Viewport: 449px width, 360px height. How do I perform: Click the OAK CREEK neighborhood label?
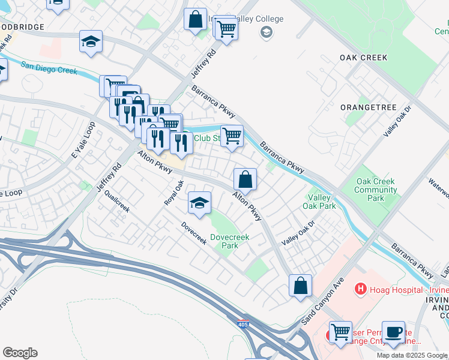pos(363,58)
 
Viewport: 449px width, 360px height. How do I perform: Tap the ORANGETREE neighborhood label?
pos(369,107)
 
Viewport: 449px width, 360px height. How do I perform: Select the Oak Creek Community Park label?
pos(376,190)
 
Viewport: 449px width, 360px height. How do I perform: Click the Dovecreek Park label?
pos(230,241)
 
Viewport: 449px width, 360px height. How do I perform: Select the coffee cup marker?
pos(393,332)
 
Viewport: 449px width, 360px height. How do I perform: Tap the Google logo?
pos(20,353)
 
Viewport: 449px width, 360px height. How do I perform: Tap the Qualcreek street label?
pos(116,202)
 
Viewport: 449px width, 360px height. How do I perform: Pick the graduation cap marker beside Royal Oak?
pos(199,203)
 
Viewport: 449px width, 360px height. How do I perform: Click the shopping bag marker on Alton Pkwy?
pos(245,179)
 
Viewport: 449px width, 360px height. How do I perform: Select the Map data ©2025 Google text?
pos(412,355)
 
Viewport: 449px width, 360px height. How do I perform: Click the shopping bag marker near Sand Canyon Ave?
pos(300,286)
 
